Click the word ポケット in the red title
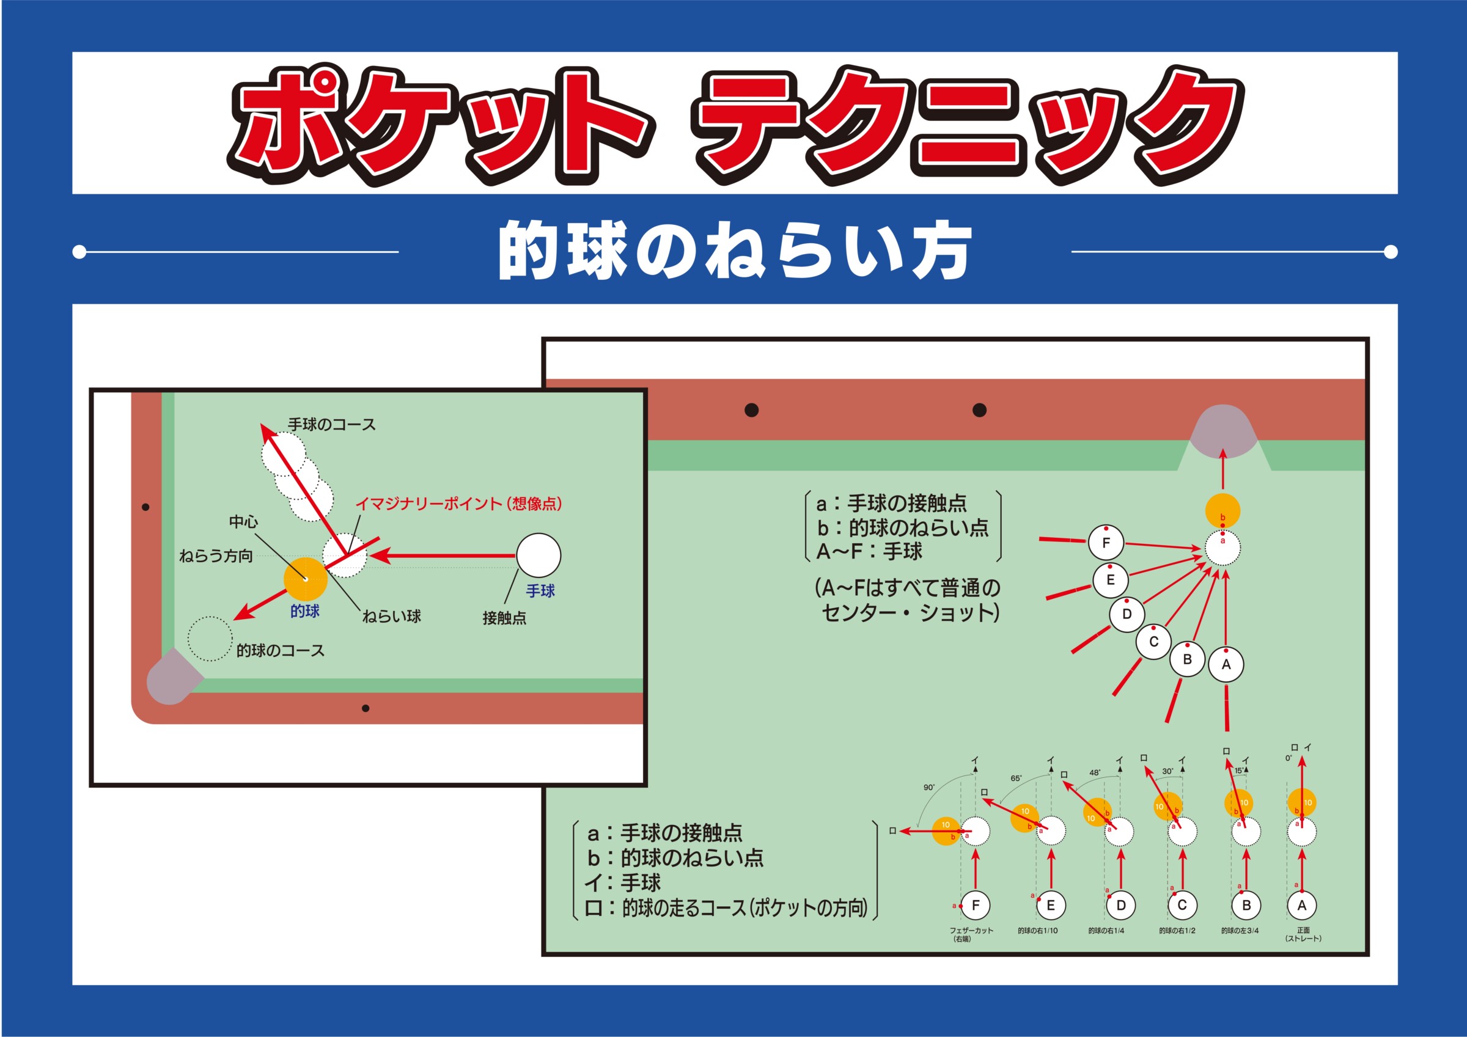click(x=441, y=124)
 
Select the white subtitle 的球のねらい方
click(x=735, y=251)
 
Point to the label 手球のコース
click(x=332, y=424)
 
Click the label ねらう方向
click(x=216, y=556)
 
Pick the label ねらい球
click(x=392, y=616)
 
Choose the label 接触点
click(x=504, y=618)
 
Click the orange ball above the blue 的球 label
click(x=306, y=579)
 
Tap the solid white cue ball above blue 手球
click(x=539, y=555)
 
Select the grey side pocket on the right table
click(x=1223, y=431)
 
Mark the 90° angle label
click(x=929, y=787)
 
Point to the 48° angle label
click(x=1095, y=772)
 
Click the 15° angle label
click(x=1238, y=771)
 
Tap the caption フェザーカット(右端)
click(x=971, y=935)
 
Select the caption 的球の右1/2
click(x=1177, y=930)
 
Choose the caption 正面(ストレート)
click(x=1303, y=935)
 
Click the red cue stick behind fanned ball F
click(x=1062, y=541)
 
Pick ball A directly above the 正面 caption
click(x=1302, y=905)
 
